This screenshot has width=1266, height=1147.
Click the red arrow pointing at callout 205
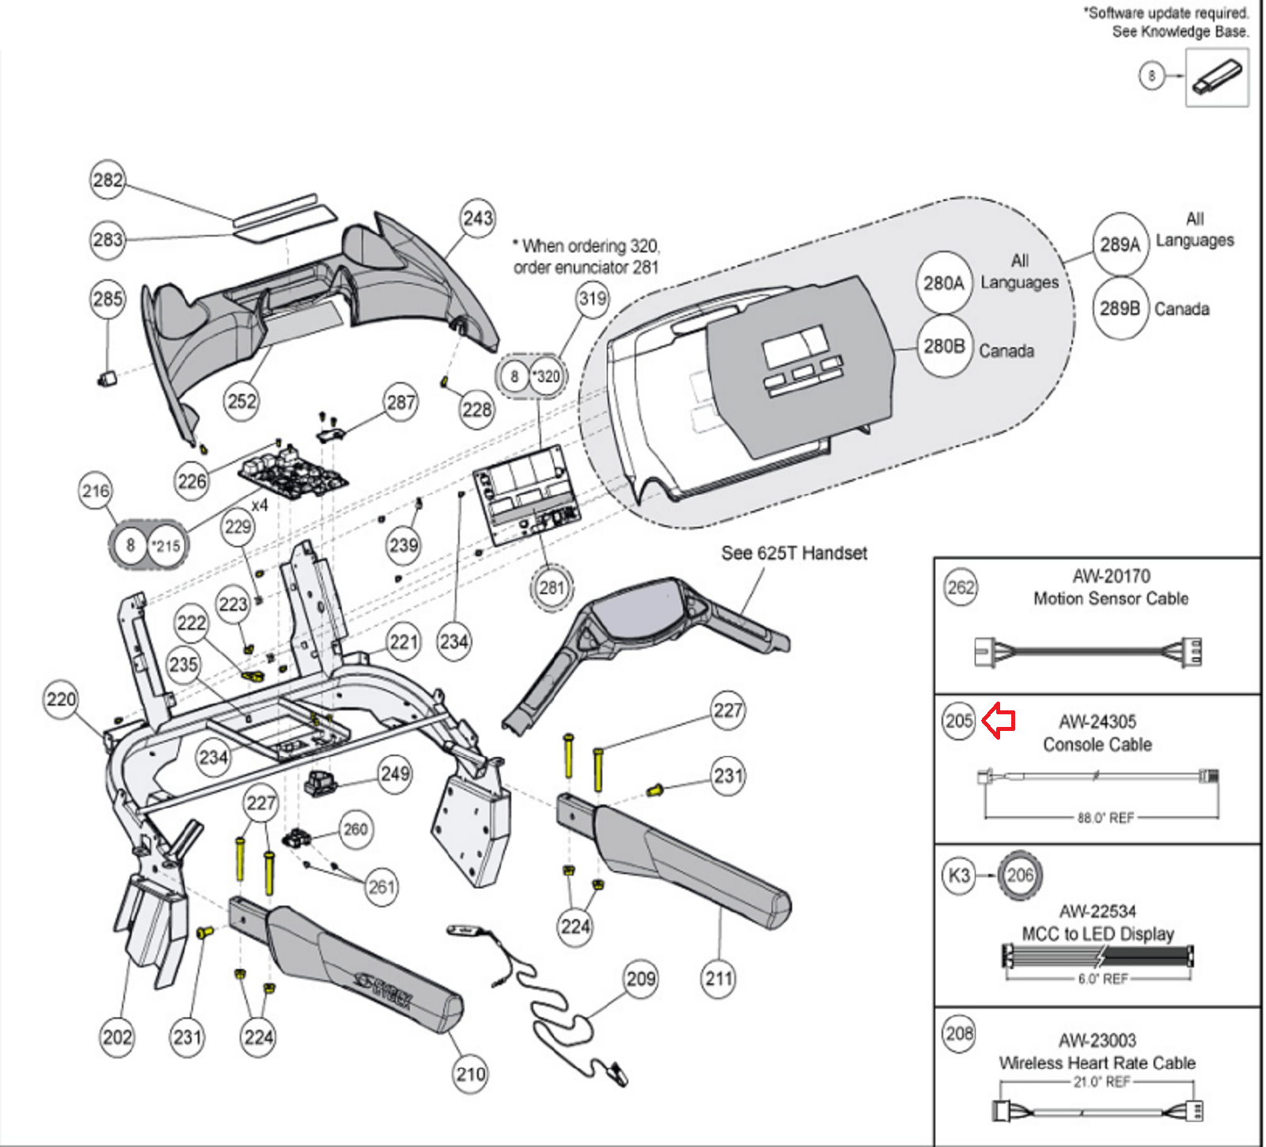tap(999, 721)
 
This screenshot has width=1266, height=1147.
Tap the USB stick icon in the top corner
tap(1216, 78)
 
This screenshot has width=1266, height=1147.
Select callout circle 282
tap(108, 180)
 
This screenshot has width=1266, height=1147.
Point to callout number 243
tap(478, 218)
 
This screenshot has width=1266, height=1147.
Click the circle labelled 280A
tap(944, 282)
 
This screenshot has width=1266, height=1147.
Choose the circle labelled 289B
tap(1120, 309)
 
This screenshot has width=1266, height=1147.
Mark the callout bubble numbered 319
tap(593, 299)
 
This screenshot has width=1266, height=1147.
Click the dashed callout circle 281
tap(552, 588)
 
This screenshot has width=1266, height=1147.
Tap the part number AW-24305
tap(1097, 721)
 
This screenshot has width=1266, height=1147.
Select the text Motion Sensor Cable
tap(1110, 599)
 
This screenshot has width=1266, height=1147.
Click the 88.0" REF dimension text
tap(1105, 818)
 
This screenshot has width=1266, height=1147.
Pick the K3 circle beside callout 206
tap(958, 876)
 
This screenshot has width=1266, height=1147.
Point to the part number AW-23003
tap(1097, 1040)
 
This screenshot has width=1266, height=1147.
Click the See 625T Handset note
tap(794, 553)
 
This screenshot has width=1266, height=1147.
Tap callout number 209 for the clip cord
tap(641, 979)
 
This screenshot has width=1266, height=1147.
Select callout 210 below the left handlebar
tap(470, 1074)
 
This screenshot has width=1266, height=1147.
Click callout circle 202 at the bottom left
tap(117, 1037)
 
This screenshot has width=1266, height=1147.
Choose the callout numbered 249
tap(395, 773)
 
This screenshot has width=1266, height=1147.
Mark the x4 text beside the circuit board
tap(260, 505)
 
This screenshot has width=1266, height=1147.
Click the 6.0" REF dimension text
tap(1102, 979)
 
